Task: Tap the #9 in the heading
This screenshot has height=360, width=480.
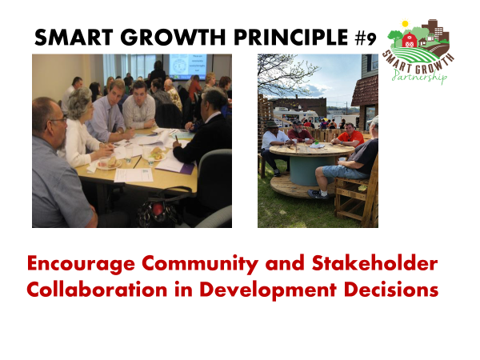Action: point(366,38)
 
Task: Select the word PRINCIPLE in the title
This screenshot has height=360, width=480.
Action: point(291,38)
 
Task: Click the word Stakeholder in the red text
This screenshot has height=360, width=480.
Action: point(374,263)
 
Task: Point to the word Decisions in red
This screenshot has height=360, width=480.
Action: point(391,290)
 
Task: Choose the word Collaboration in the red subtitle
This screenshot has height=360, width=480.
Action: point(97,290)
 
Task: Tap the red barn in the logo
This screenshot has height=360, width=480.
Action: point(409,40)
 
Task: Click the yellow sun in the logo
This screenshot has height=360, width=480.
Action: point(405,23)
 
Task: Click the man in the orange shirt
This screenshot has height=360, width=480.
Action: point(348,136)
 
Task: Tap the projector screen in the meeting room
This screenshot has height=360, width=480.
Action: point(188,66)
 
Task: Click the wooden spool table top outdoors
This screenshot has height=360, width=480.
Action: point(312,150)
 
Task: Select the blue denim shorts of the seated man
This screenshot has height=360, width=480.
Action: point(343,171)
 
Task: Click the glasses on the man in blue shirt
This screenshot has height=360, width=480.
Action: point(58,120)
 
